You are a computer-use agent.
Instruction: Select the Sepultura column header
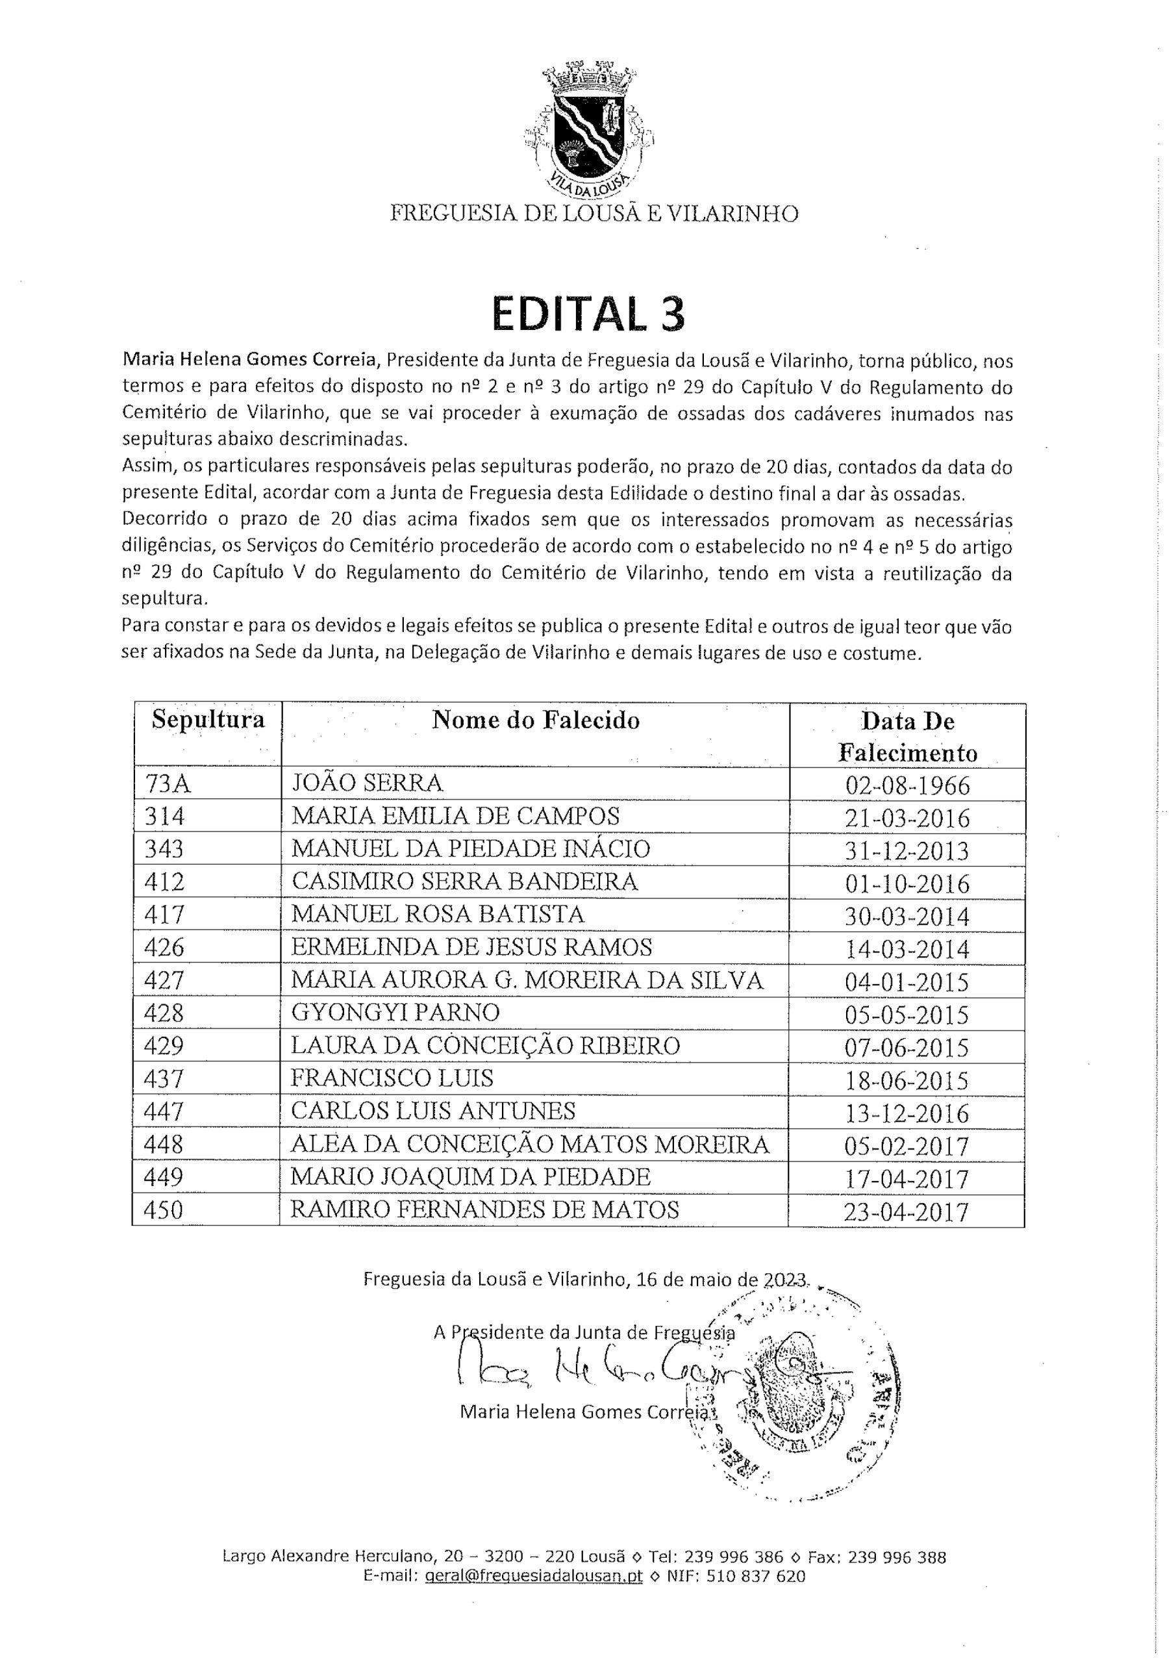click(x=208, y=720)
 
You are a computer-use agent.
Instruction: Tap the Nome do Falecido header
click(x=536, y=720)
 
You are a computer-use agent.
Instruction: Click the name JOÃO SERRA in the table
click(x=366, y=783)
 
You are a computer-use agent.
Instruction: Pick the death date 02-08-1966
click(x=907, y=785)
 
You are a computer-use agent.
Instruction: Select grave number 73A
click(x=168, y=783)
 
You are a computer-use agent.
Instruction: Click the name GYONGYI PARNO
click(x=395, y=1013)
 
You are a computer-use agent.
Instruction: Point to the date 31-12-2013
click(x=907, y=850)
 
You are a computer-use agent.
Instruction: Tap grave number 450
click(x=164, y=1210)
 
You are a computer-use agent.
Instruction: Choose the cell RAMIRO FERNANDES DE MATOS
click(x=484, y=1210)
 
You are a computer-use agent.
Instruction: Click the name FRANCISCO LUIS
click(x=392, y=1078)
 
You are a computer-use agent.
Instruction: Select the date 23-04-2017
click(x=906, y=1212)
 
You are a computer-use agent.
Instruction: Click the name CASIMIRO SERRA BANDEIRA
click(x=464, y=882)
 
